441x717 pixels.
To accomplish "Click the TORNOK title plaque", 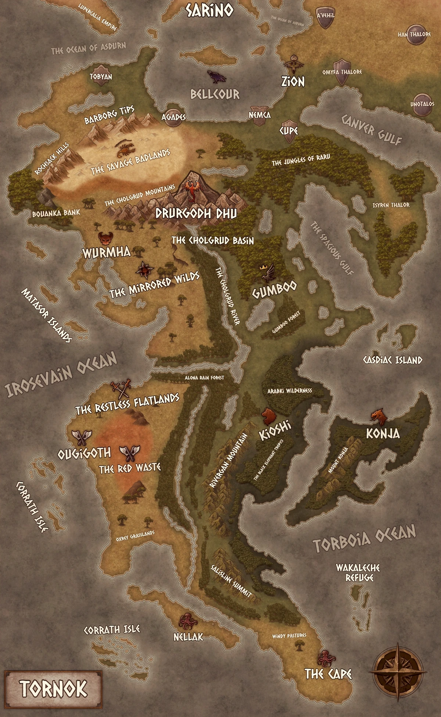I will (x=53, y=689).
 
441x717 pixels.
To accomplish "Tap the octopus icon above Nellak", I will (x=187, y=621).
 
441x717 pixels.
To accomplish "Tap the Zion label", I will (x=293, y=81).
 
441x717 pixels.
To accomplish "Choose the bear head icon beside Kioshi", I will (x=269, y=416).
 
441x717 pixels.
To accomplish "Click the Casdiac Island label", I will (x=392, y=360).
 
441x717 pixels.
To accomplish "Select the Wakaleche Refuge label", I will (x=358, y=573).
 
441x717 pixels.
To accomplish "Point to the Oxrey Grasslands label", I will (x=135, y=536).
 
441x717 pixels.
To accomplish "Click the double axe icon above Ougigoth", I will (x=81, y=437).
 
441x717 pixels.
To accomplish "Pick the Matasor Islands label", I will (x=46, y=315).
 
